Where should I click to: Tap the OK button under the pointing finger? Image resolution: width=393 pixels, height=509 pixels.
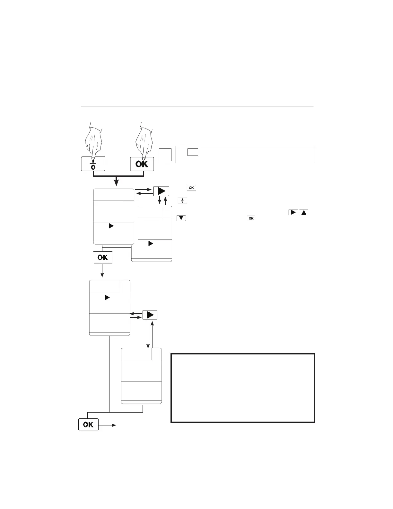142,164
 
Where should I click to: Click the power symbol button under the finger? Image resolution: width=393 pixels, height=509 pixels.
93,164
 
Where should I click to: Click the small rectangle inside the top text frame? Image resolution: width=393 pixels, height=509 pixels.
193,152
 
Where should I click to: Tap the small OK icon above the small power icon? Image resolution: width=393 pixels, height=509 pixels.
191,188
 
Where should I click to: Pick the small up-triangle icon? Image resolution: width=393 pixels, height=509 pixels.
303,212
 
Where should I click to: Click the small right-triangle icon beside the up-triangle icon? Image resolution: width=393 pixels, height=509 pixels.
293,212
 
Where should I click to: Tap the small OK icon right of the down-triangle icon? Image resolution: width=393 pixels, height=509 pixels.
251,219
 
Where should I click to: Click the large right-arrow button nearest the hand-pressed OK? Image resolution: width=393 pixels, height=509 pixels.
161,192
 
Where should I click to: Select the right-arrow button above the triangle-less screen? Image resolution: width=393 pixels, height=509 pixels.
150,315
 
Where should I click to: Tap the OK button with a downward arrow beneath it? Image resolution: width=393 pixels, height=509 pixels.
103,257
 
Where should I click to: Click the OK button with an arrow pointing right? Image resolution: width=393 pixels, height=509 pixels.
88,424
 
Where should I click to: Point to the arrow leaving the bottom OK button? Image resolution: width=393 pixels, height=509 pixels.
108,425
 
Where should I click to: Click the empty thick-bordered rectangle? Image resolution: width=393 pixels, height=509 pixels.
243,388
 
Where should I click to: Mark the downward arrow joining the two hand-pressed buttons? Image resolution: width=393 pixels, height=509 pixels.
117,181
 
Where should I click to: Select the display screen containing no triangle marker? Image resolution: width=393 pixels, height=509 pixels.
141,376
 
